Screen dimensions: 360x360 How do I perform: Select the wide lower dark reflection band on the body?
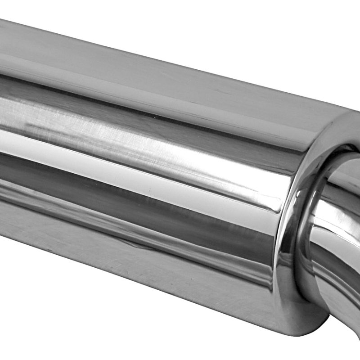click(x=135, y=211)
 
